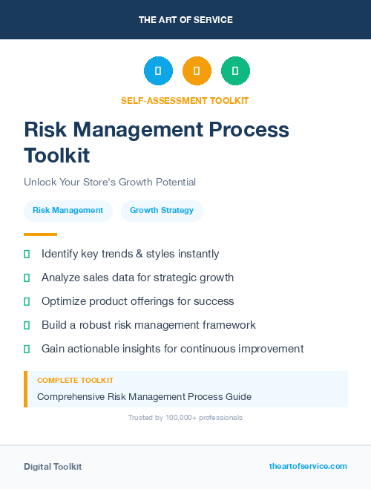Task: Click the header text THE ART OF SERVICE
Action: (185, 20)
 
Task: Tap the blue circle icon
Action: (158, 71)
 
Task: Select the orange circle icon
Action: (197, 71)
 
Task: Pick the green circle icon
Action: (235, 71)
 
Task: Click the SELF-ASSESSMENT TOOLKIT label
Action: (185, 100)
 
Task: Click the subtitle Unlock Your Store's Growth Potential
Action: (109, 182)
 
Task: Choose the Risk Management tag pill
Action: (68, 210)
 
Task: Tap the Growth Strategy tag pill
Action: (162, 210)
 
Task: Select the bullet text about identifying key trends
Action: (130, 254)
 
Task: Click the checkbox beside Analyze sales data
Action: (27, 278)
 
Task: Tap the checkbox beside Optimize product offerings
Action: (27, 301)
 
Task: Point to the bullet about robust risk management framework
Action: (148, 325)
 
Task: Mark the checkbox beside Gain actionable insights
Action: (27, 349)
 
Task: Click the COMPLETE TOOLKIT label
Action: (75, 380)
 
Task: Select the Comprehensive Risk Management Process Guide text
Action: (144, 397)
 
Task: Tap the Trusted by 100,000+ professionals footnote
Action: (185, 418)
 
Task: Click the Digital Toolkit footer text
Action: (53, 467)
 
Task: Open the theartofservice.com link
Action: (308, 466)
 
